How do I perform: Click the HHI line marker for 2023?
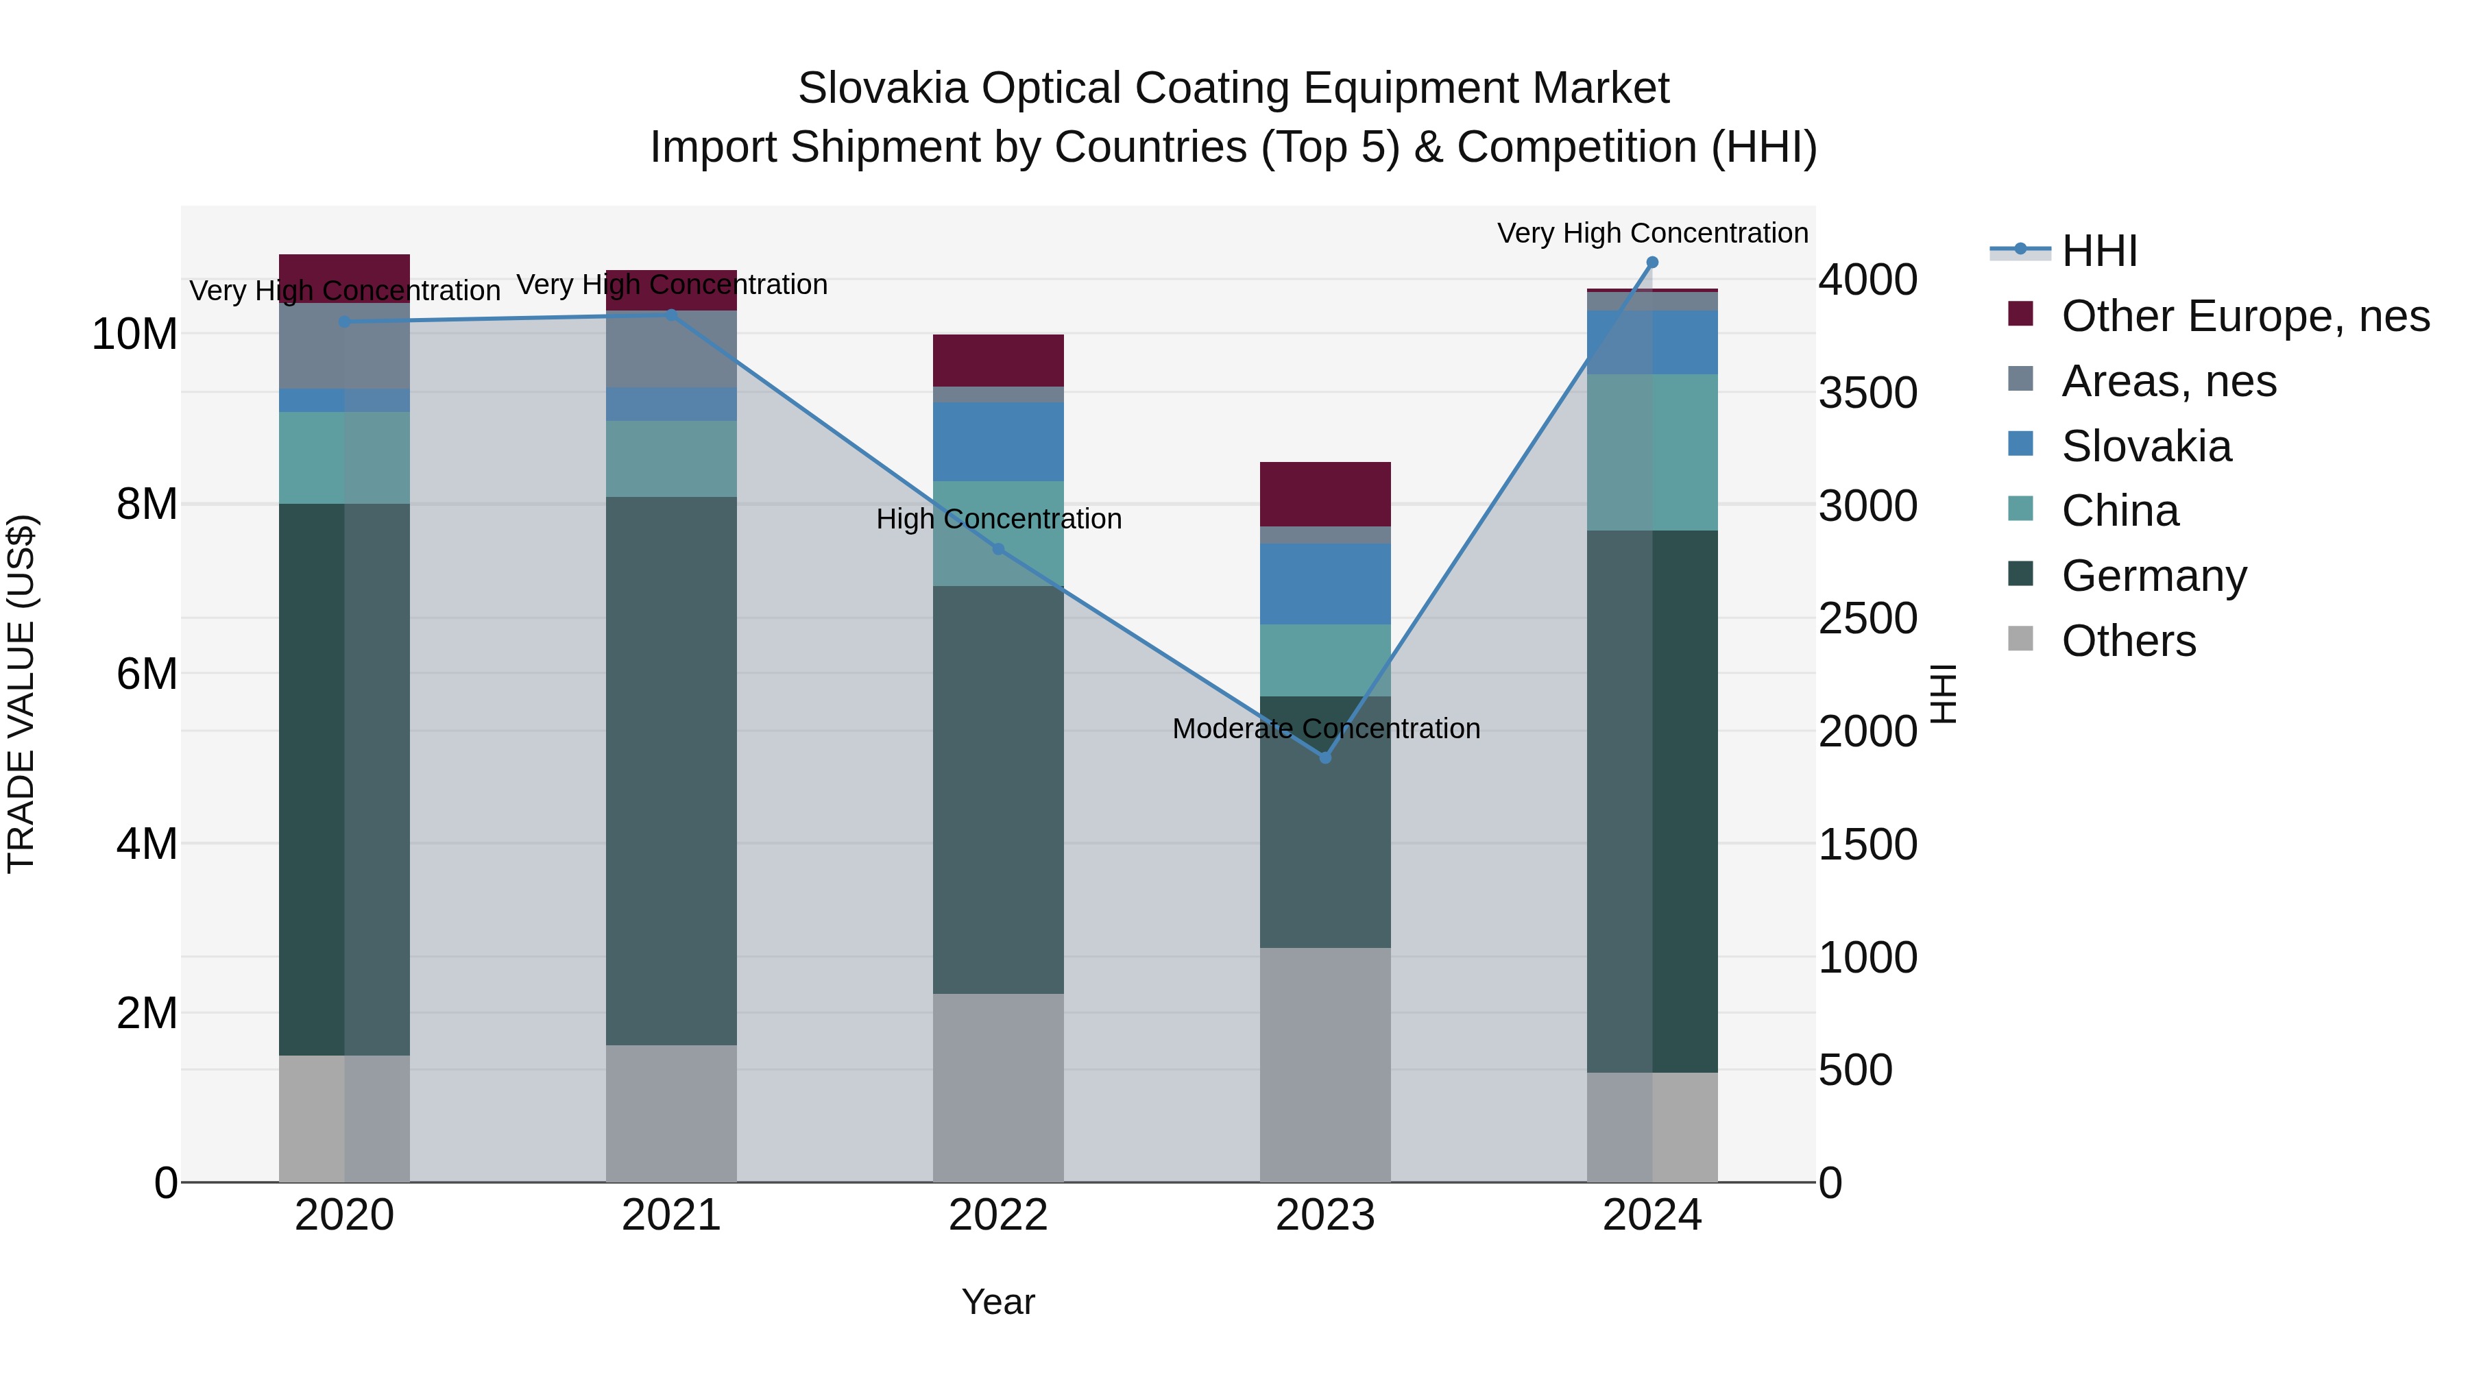pos(1325,757)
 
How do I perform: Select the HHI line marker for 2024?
pos(1652,263)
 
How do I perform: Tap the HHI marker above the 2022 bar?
pos(998,549)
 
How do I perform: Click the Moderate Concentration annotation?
pos(1326,729)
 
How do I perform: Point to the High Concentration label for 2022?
pos(998,519)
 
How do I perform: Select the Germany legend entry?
pos(2154,576)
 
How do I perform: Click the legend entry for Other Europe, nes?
pos(2245,316)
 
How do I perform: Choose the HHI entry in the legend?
pos(2099,251)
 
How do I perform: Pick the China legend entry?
pos(2119,511)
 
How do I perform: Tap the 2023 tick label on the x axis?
pos(1325,1215)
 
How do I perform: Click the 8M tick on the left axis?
pos(147,504)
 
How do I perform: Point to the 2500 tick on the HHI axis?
pos(1867,619)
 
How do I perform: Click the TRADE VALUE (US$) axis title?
pos(21,694)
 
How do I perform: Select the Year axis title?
pos(997,1302)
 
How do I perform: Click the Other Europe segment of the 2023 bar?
pos(1325,494)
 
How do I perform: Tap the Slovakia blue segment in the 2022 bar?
pos(998,441)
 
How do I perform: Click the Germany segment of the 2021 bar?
pos(670,770)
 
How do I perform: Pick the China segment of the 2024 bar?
pos(1652,452)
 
